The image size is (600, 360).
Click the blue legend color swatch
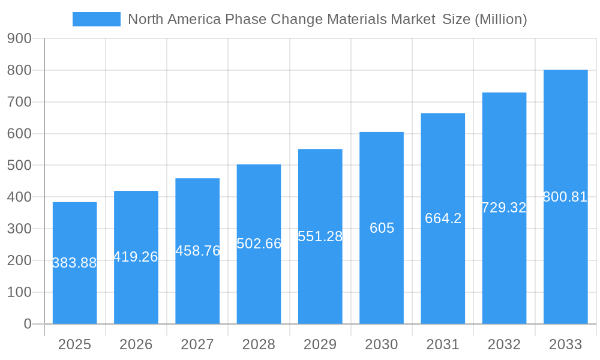coord(96,19)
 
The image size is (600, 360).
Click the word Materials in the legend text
coord(358,19)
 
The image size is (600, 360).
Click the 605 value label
coord(382,228)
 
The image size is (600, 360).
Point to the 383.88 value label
coord(74,263)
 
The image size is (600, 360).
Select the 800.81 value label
coord(565,197)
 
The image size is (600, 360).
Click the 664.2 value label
coord(443,218)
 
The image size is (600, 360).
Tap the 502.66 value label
coord(259,244)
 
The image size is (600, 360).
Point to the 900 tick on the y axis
coord(19,38)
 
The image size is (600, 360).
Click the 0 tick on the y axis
coord(27,324)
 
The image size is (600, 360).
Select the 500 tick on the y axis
coord(19,165)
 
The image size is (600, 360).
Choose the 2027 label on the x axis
coord(197,344)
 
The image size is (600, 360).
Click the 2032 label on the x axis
coord(504,344)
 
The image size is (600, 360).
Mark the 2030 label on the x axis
coord(382,344)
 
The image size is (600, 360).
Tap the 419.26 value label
coord(136,257)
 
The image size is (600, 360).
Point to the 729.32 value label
coord(504,208)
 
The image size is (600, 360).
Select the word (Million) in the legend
coord(500,19)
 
